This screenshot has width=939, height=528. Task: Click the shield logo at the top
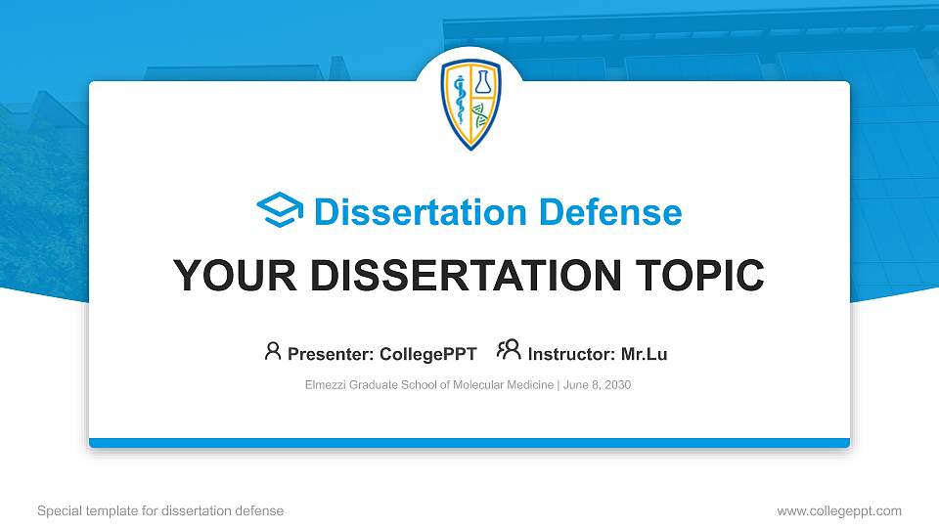tap(470, 104)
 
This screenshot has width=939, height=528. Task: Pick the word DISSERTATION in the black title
tap(460, 276)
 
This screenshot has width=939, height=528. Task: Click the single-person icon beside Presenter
tap(273, 351)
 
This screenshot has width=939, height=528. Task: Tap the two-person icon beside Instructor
tap(509, 351)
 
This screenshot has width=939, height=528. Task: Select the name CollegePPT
tap(428, 354)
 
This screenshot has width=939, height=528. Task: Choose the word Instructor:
tap(571, 354)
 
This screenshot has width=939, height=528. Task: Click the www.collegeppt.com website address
tap(838, 510)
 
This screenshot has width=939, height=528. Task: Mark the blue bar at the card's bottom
tap(469, 443)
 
